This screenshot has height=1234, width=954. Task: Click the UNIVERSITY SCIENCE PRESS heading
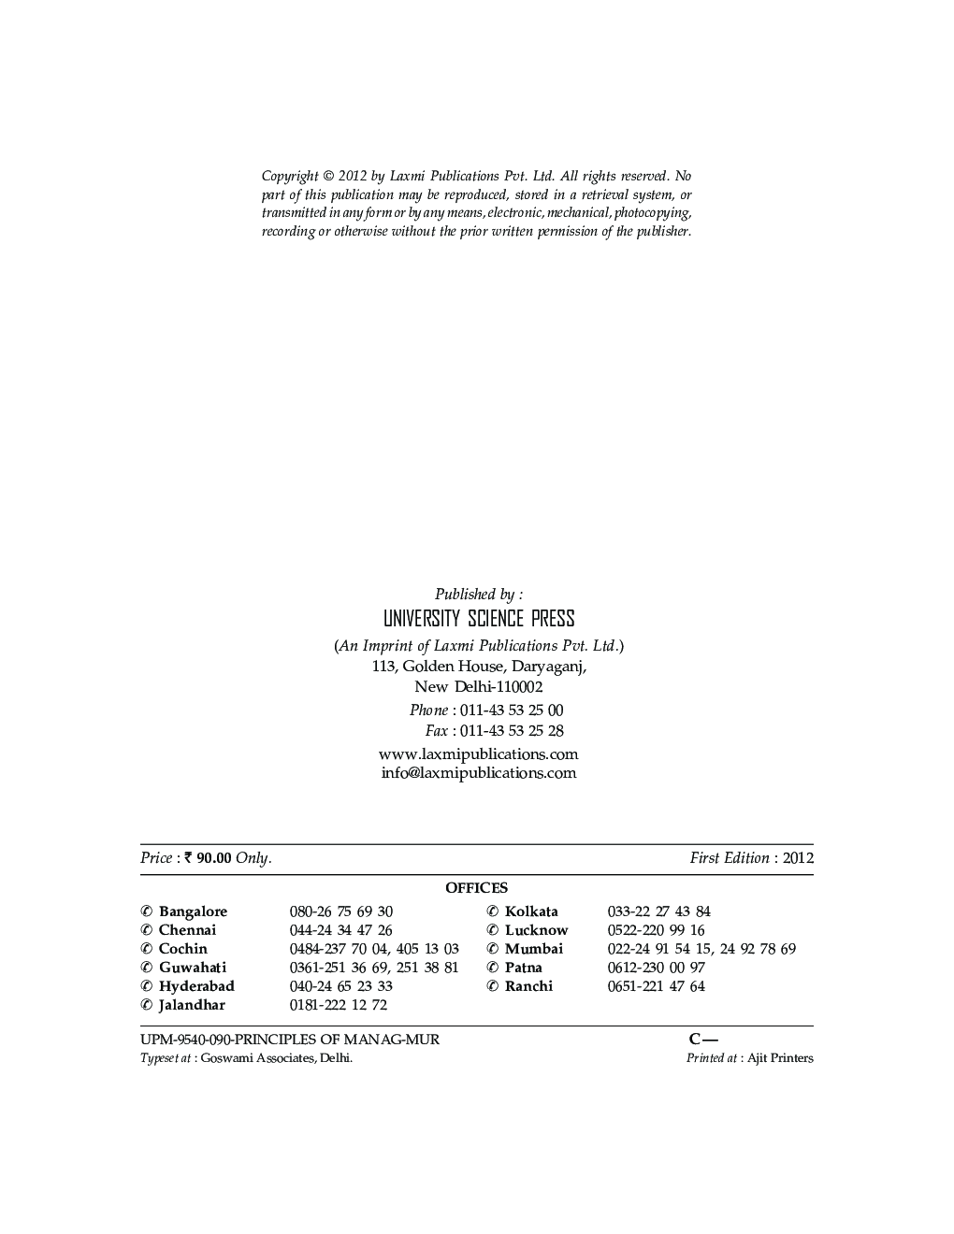(479, 619)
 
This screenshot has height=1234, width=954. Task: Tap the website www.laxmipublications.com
(478, 753)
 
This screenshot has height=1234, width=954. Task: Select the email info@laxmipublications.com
(478, 773)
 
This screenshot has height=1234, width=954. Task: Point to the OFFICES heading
(476, 888)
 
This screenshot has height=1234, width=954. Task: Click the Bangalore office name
(193, 911)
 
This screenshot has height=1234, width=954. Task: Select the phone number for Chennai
(340, 930)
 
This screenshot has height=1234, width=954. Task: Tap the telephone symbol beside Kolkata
(492, 911)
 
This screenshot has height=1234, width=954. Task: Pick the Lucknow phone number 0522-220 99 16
(656, 930)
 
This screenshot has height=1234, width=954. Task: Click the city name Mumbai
(533, 949)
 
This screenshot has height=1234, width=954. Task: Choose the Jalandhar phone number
(338, 1005)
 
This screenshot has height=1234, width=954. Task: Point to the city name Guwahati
(193, 968)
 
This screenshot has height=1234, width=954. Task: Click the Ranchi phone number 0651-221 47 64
(656, 986)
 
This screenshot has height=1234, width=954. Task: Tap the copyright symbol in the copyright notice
(328, 176)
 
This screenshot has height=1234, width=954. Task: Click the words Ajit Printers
(780, 1058)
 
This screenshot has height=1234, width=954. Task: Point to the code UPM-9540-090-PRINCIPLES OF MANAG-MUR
(290, 1040)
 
